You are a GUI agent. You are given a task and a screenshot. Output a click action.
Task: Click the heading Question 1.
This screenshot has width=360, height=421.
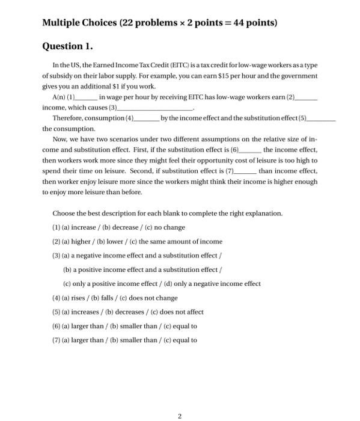click(67, 46)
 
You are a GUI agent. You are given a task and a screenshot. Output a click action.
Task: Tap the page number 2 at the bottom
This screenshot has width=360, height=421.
click(179, 399)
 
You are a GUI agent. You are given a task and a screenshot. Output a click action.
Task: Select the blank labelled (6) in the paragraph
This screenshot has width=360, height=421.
click(250, 150)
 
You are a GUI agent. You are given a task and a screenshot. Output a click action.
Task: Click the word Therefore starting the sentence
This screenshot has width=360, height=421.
click(69, 118)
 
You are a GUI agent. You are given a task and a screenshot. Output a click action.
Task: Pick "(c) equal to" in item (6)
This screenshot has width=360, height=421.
click(176, 326)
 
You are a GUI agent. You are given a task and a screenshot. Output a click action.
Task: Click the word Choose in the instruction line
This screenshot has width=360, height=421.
click(63, 213)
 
